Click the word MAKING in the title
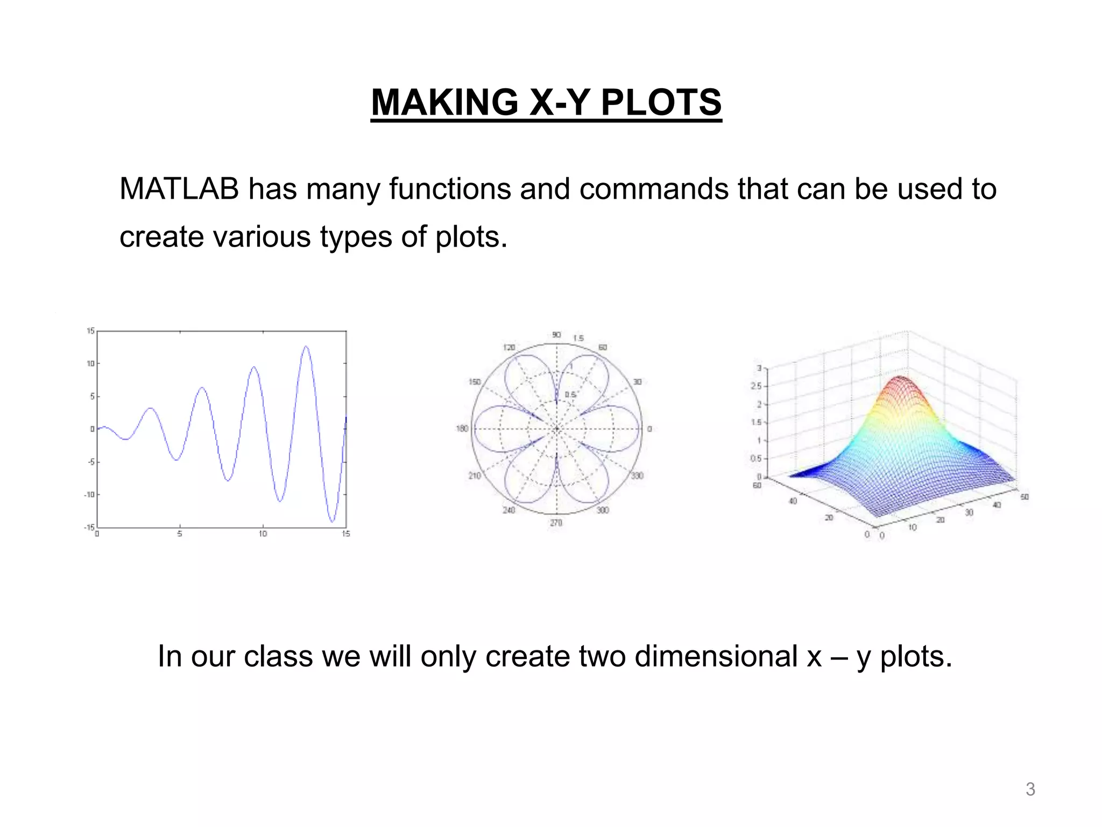pos(444,102)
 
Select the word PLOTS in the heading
pos(661,102)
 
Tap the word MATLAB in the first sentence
pos(179,189)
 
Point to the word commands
pos(653,189)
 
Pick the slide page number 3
pos(1030,789)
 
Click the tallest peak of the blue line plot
pos(306,347)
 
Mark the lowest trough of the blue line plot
pos(333,521)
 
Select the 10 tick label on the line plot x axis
pos(263,534)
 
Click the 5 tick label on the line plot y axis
pos(92,396)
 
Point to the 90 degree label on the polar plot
pos(556,335)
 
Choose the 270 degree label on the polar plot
pos(556,523)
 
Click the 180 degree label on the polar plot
pos(462,429)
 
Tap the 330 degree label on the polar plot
pos(637,475)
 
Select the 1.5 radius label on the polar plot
pos(578,338)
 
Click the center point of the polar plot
pos(556,429)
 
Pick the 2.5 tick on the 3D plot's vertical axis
pos(757,386)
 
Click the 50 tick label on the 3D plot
pos(1025,496)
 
